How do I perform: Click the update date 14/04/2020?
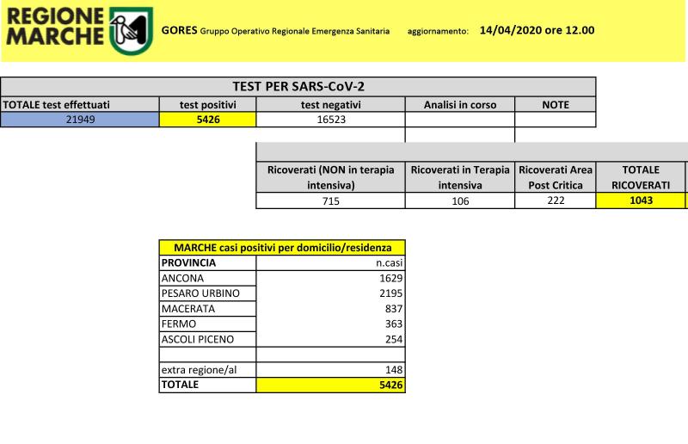513,30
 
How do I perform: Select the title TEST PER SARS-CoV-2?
298,87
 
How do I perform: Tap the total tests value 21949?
80,120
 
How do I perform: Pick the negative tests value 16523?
330,120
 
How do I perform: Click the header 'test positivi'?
207,104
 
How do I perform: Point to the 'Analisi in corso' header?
459,104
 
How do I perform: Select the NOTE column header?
555,104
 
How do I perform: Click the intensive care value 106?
459,200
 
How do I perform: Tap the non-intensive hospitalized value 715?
330,200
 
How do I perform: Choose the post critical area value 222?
555,200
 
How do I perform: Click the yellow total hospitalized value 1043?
640,200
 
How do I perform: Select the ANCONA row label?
183,278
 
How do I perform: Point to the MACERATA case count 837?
392,309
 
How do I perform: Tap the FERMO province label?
179,324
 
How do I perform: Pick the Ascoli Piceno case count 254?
392,339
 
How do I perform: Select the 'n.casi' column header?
389,262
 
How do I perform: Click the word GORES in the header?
178,31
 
